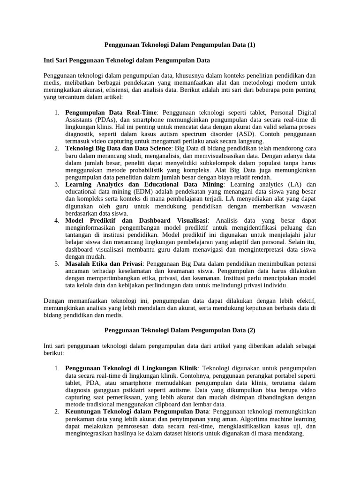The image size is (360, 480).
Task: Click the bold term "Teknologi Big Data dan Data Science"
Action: tap(119, 149)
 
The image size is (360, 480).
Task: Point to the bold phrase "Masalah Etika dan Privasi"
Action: tap(103, 263)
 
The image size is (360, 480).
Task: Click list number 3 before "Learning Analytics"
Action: tap(56, 185)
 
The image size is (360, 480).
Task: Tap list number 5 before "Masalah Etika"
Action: tap(56, 263)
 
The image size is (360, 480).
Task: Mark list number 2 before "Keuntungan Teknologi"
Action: tap(56, 411)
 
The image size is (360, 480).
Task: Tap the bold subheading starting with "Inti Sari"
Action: tap(127, 60)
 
